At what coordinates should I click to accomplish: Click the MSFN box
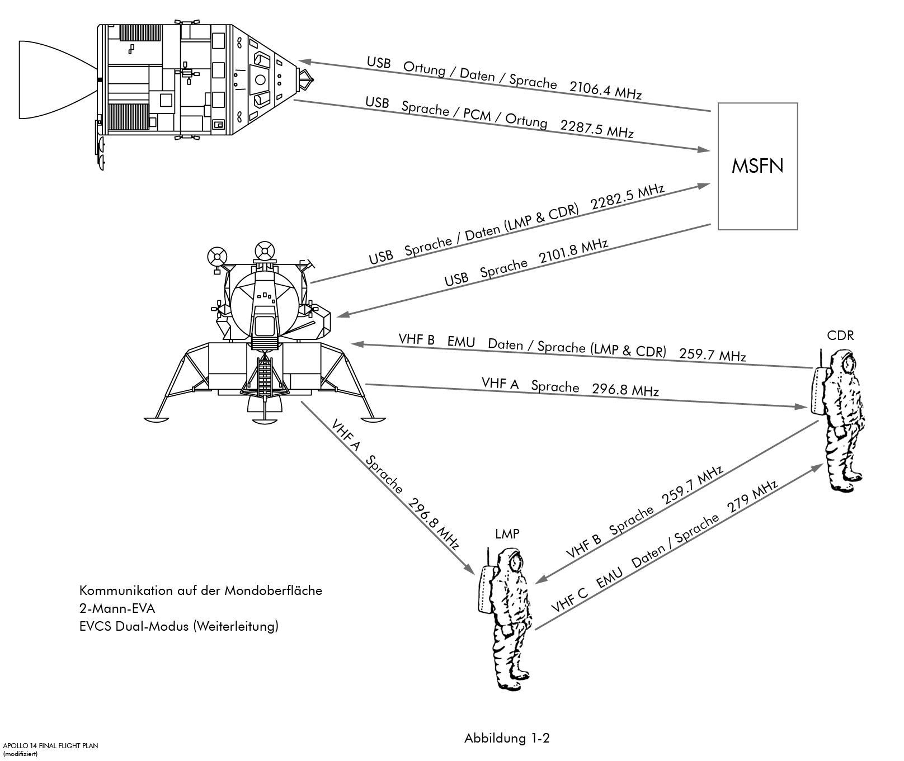point(757,166)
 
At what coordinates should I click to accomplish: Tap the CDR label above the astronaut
point(840,335)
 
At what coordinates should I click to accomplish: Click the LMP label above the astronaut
point(507,534)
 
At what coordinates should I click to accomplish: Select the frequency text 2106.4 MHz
point(605,90)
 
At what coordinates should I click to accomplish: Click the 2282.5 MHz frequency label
point(628,197)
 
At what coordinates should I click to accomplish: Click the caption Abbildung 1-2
point(507,738)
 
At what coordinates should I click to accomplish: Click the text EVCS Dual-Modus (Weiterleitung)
point(178,626)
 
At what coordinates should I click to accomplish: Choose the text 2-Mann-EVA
point(117,608)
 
